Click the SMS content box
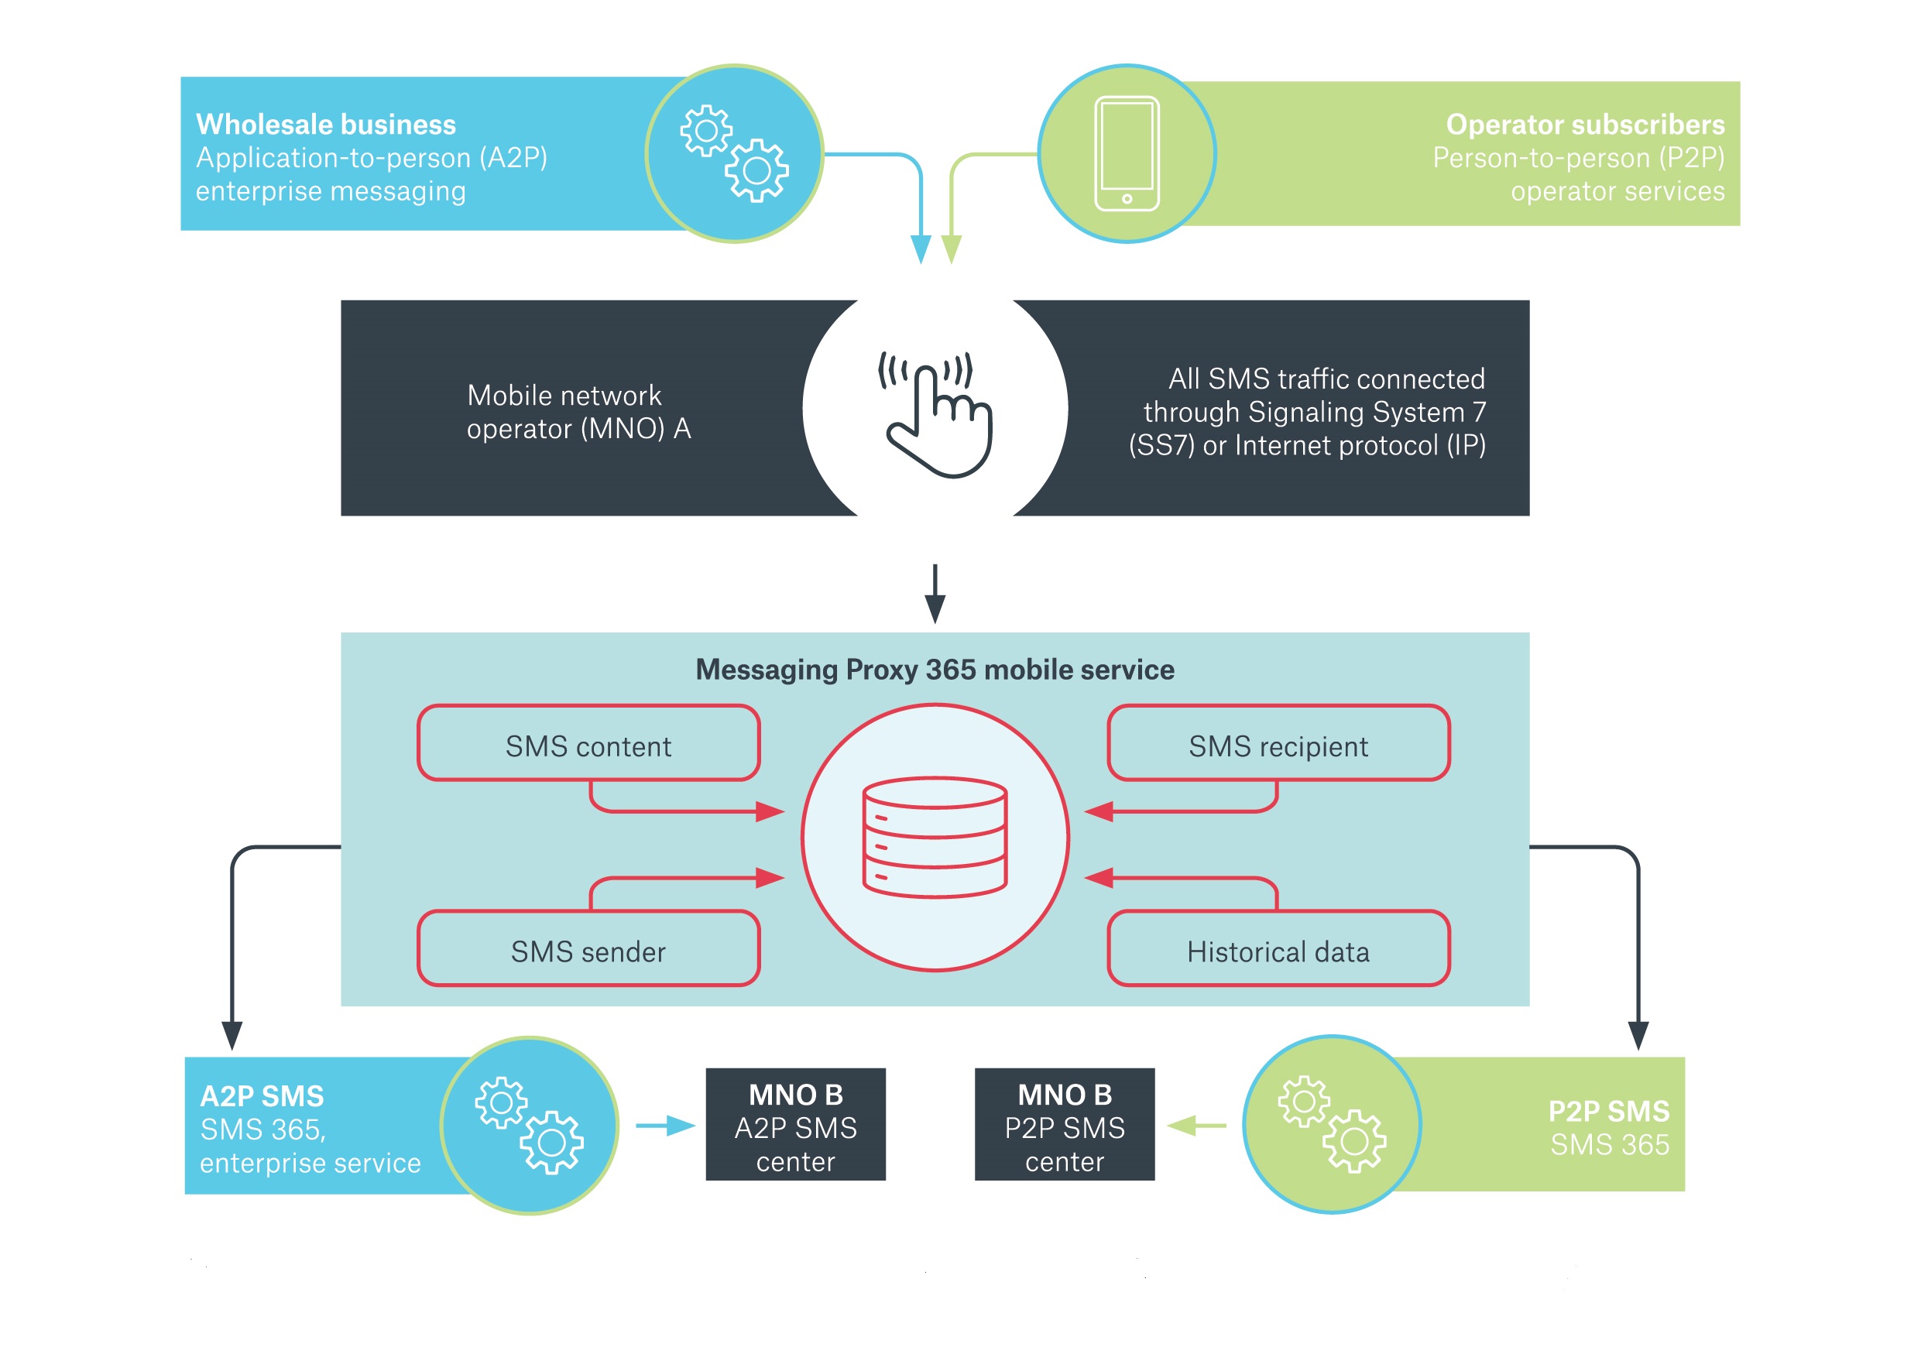588,743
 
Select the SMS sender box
588,949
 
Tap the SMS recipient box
1278,743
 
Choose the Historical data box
1278,949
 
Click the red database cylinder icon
935,837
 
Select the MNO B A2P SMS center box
795,1125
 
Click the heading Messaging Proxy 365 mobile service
935,670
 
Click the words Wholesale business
325,125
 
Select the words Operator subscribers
1585,125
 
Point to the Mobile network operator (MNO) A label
578,412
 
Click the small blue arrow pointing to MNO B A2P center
666,1126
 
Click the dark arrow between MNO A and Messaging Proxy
935,593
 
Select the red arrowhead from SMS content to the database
769,811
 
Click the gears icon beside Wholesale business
734,153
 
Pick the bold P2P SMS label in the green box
1607,1112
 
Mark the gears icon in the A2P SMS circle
529,1125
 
